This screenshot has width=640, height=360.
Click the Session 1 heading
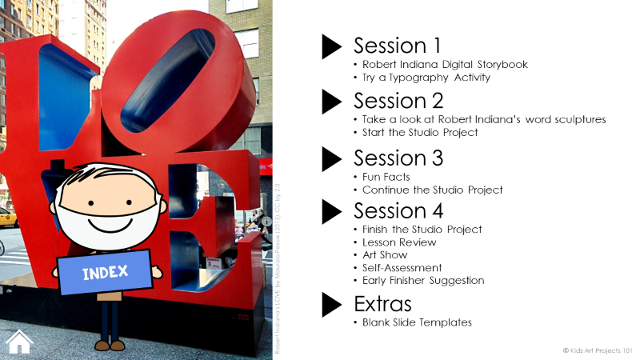tap(397, 46)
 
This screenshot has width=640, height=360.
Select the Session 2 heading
tap(398, 101)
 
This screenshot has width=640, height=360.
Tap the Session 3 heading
tap(398, 157)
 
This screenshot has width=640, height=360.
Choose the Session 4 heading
tap(398, 210)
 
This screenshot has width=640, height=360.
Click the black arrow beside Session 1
tap(331, 46)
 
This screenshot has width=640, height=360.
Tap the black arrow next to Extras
tap(331, 305)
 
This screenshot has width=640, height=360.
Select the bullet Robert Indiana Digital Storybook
tap(445, 65)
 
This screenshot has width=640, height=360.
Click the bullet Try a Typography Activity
tap(426, 78)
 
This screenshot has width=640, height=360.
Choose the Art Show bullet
tap(386, 254)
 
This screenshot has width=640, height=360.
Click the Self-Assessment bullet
tap(402, 268)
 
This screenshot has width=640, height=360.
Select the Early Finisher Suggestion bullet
tap(423, 281)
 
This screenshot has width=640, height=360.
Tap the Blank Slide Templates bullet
tap(417, 322)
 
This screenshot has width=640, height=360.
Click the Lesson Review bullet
tap(399, 242)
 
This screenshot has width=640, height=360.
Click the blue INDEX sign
tap(105, 272)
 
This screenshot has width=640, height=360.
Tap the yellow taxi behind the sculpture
tap(7, 217)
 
